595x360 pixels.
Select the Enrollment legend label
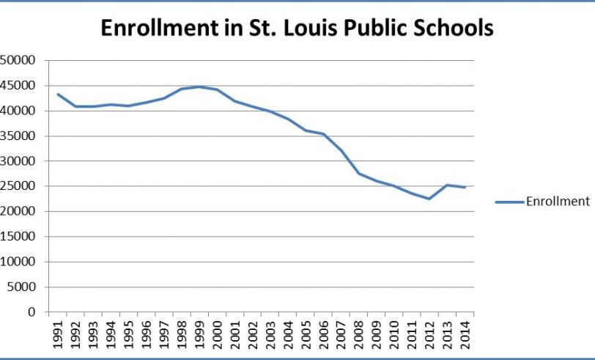557,202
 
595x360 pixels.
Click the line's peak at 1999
199,87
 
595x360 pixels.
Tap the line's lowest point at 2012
429,199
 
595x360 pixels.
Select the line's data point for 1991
58,94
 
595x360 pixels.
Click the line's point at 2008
359,173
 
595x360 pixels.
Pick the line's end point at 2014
465,187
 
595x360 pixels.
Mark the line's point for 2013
447,185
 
